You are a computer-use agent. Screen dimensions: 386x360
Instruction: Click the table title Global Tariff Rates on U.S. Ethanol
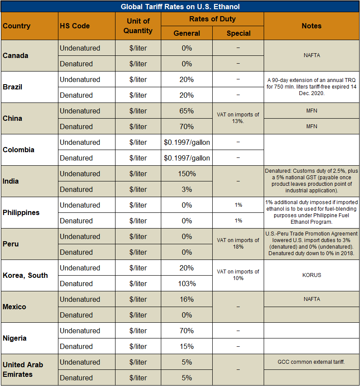180,7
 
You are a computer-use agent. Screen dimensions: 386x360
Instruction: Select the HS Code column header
75,26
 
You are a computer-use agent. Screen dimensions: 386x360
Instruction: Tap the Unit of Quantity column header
138,26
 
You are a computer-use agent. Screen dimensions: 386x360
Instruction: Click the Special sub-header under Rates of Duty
238,33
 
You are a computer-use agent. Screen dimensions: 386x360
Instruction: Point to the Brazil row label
12,87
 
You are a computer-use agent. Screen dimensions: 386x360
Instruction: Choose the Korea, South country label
25,275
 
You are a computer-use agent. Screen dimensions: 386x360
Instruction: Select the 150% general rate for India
187,174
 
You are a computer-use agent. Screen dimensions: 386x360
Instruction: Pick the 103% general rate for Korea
187,284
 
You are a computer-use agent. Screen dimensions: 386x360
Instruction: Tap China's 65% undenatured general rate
187,111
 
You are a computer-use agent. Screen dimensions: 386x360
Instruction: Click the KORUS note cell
311,275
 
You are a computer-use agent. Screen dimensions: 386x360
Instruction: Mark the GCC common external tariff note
311,362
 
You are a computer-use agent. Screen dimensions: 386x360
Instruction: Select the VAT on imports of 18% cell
238,243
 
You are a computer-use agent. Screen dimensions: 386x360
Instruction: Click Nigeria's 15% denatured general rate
187,346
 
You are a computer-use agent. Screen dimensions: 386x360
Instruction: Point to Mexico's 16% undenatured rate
187,299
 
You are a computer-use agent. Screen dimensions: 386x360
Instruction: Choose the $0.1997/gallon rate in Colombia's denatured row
187,158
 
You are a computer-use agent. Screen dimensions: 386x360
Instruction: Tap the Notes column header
311,26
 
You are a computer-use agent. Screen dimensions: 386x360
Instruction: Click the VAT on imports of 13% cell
238,118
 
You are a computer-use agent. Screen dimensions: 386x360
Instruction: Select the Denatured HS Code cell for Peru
76,252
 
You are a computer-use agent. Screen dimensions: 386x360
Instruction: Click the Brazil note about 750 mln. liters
311,87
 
